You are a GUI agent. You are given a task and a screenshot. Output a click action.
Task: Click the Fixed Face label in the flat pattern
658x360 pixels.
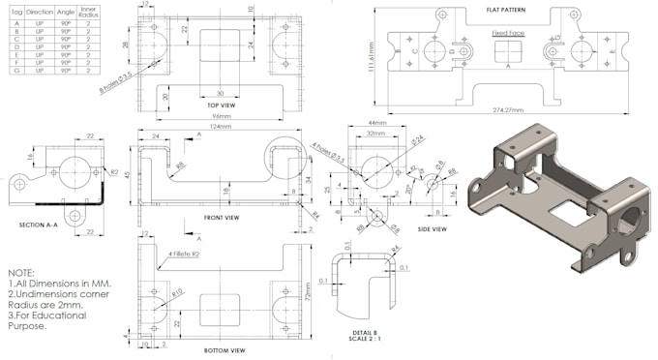pyautogui.click(x=507, y=33)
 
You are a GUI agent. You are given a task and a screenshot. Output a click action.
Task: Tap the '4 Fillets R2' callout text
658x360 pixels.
pyautogui.click(x=185, y=254)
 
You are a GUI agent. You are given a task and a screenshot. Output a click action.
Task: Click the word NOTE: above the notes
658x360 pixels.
pyautogui.click(x=22, y=274)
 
